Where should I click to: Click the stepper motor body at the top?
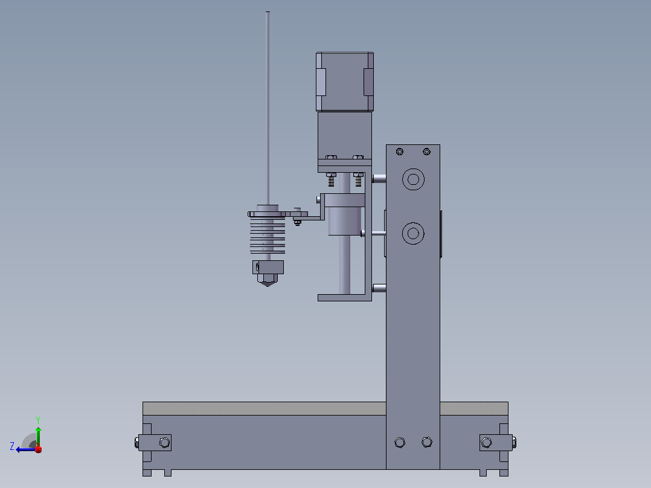[345, 82]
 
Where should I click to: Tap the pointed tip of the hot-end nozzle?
[268, 286]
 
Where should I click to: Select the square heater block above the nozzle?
[268, 267]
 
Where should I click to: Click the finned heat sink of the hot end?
[268, 236]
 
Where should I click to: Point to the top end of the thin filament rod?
[268, 12]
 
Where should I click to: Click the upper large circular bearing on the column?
[413, 179]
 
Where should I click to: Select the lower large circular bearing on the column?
[413, 233]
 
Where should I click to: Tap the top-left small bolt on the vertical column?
[399, 152]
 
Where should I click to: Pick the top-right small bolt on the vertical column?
[426, 152]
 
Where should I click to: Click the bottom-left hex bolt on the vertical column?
[400, 442]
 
